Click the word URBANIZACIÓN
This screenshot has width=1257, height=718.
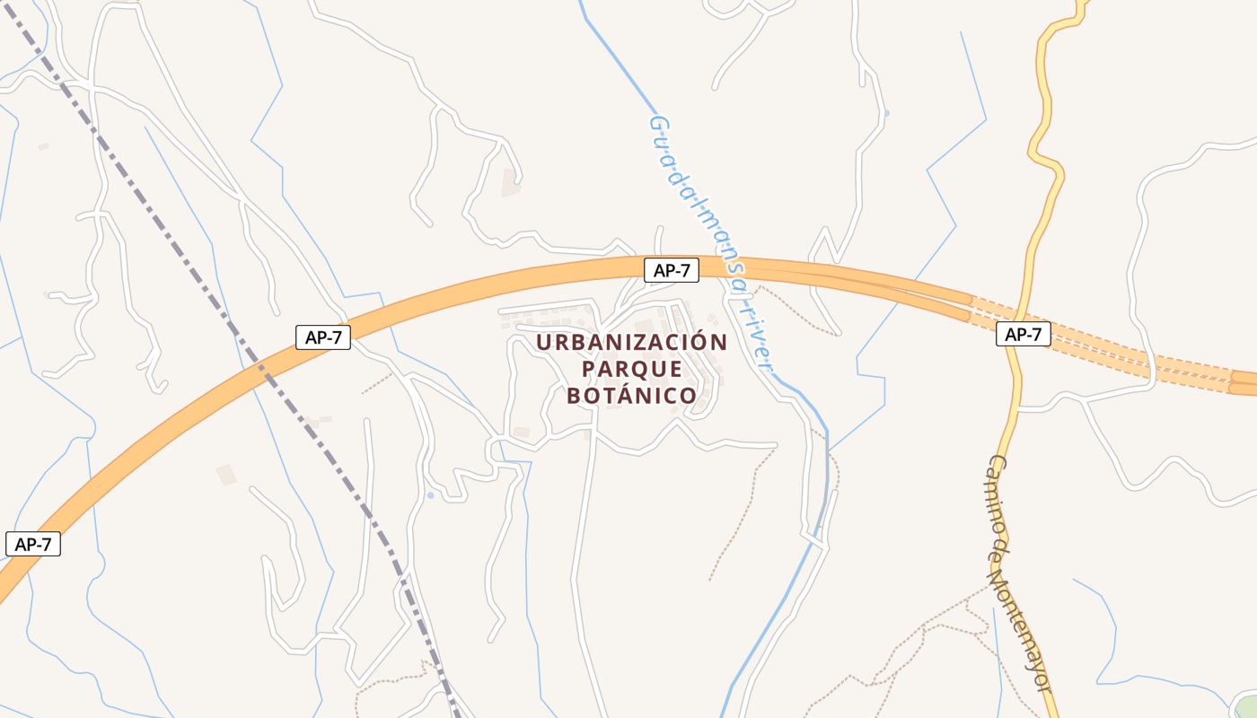click(x=631, y=342)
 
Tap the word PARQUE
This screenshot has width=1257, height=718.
click(x=631, y=369)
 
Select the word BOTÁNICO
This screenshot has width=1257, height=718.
click(x=631, y=395)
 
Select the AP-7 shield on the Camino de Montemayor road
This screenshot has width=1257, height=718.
click(x=1023, y=335)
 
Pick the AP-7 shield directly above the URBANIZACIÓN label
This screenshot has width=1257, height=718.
click(x=671, y=270)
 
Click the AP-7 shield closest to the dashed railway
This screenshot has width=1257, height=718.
click(x=322, y=337)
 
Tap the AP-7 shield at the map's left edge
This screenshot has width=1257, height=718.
click(x=32, y=544)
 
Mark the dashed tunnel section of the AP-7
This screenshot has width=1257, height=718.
click(x=1104, y=346)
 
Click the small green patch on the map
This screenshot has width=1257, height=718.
click(x=1247, y=707)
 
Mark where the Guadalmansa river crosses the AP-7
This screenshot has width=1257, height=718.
click(x=723, y=267)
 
